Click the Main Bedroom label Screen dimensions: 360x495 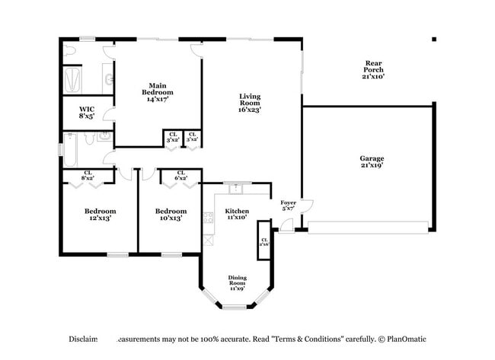(158, 92)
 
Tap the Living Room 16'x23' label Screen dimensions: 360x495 (250, 103)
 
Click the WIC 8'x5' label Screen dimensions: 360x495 (87, 113)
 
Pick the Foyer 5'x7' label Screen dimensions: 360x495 (289, 205)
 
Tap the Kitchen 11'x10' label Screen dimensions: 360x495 (237, 214)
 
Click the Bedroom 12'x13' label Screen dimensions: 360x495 (100, 215)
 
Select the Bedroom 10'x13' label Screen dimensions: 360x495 (171, 215)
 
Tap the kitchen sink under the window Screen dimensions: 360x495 (236, 186)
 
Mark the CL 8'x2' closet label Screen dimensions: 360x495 (88, 175)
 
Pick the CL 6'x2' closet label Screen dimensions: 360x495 (180, 175)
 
